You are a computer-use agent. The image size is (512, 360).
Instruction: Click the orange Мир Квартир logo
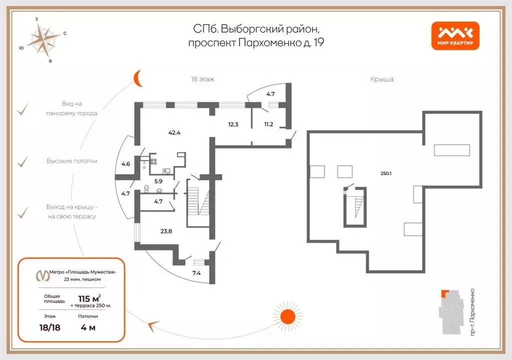click(x=455, y=36)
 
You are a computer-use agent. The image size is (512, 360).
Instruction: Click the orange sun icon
click(x=287, y=316)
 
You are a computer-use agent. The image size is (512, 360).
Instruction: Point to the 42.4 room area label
click(x=174, y=132)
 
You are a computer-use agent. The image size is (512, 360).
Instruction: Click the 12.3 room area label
click(x=233, y=124)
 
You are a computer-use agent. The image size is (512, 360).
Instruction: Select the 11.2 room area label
click(x=268, y=124)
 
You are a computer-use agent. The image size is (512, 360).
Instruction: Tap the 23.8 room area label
click(x=166, y=231)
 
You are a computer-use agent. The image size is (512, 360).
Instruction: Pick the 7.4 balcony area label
click(x=196, y=273)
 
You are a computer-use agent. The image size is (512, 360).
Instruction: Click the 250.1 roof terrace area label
click(x=386, y=173)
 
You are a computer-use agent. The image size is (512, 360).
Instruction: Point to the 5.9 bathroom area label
click(x=158, y=181)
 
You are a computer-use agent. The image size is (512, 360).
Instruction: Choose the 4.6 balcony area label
click(x=125, y=164)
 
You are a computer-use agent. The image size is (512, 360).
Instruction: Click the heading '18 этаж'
click(x=202, y=79)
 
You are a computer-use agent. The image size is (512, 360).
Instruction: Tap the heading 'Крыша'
click(x=381, y=79)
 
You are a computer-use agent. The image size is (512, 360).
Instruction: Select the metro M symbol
click(x=42, y=275)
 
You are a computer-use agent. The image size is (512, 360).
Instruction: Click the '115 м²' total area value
click(x=89, y=298)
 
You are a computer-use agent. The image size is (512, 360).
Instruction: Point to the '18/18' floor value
click(x=50, y=327)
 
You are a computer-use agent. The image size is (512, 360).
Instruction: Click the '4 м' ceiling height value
click(x=88, y=327)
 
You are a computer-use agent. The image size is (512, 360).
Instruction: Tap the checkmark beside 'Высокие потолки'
click(x=23, y=161)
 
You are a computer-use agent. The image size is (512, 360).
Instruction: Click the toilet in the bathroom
click(x=146, y=188)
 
